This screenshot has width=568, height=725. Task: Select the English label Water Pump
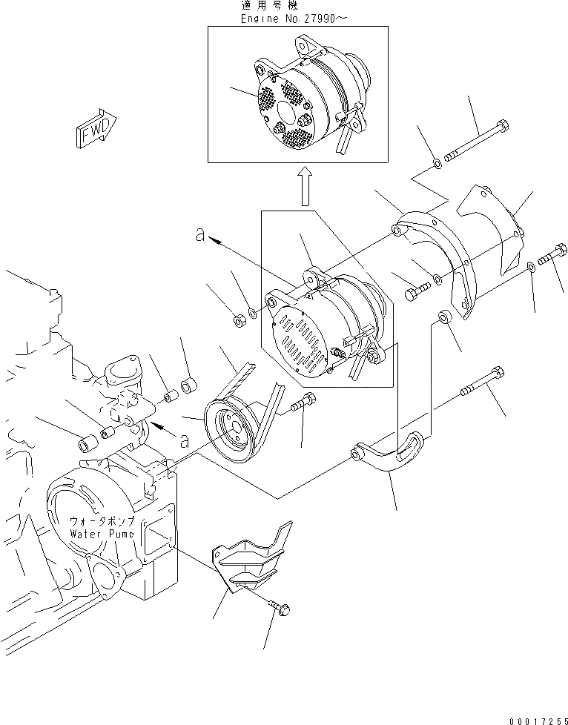coord(102,533)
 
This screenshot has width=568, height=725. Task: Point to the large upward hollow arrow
coord(303,185)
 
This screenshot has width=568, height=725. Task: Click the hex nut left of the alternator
coord(240,320)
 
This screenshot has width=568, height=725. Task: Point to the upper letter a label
coord(199,234)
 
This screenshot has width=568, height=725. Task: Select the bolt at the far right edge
coord(552,256)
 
